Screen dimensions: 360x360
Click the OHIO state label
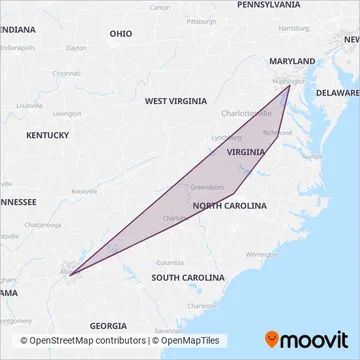(x=121, y=33)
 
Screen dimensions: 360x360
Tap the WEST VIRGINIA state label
(x=175, y=101)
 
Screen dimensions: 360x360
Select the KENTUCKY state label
(x=47, y=134)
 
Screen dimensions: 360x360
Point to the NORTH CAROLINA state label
(x=230, y=205)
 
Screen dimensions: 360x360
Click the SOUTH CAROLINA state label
(x=187, y=276)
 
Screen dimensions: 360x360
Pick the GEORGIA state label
(x=107, y=325)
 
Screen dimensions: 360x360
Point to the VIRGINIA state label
(x=245, y=152)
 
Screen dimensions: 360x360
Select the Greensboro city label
(x=206, y=186)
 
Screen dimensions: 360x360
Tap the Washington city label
(x=288, y=81)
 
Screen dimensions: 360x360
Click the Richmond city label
(x=277, y=132)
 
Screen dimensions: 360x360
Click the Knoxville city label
(x=84, y=191)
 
